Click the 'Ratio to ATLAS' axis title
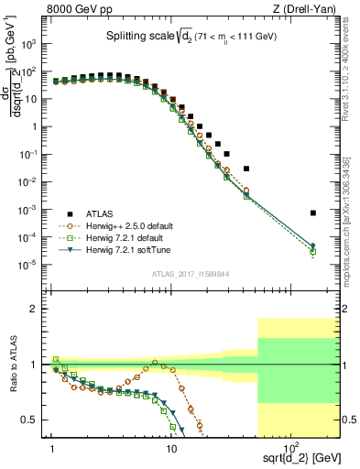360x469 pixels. pos(13,364)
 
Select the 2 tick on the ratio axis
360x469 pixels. pos(41,310)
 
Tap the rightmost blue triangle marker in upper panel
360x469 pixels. pos(313,245)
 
